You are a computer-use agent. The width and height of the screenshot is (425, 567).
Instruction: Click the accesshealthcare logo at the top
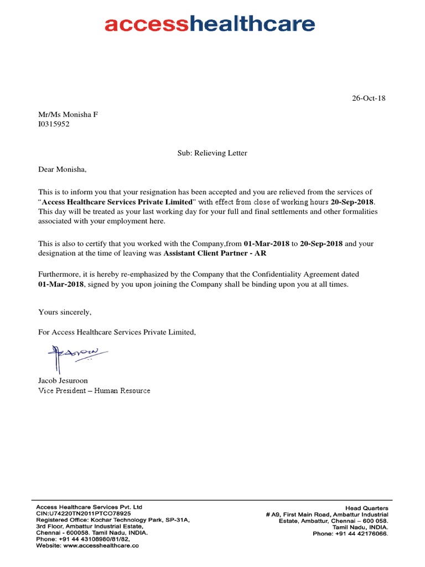click(210, 24)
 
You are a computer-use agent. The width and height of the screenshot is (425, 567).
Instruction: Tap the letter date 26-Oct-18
click(369, 99)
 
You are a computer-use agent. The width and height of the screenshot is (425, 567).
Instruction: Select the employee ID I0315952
click(54, 124)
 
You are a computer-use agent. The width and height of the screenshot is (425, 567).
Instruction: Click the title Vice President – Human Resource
click(94, 391)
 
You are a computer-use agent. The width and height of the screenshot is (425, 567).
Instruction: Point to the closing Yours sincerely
click(65, 312)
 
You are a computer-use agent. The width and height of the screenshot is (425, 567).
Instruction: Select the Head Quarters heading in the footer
click(366, 508)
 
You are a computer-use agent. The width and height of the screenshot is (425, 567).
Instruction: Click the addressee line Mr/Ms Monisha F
click(68, 115)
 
